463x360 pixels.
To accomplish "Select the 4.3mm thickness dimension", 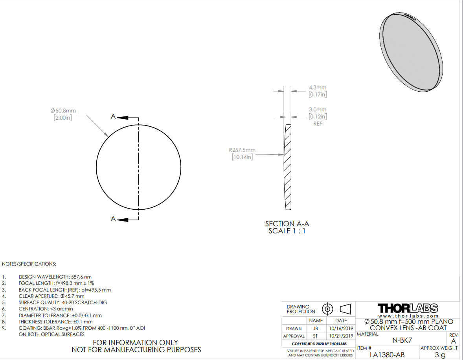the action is tap(318, 87).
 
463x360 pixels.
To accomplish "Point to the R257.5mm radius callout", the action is tap(242, 150).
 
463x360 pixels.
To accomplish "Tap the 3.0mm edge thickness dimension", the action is tap(318, 110).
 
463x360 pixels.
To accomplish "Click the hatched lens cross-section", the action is tap(288, 167).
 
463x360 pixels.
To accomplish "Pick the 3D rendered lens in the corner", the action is tap(411, 52).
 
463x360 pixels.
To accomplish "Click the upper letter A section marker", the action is tap(113, 117).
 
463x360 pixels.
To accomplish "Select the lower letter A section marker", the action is tap(113, 219).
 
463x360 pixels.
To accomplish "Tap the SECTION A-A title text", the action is tap(287, 224).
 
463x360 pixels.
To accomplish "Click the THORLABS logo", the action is tap(408, 308).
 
